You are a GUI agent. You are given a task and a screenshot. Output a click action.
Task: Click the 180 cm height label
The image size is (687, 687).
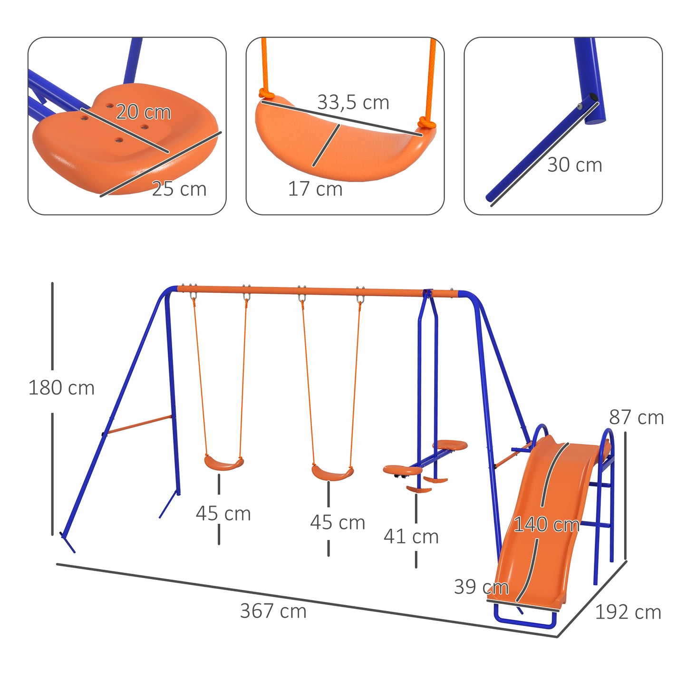(x=61, y=388)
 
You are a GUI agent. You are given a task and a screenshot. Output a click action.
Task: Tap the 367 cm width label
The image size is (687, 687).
(x=273, y=611)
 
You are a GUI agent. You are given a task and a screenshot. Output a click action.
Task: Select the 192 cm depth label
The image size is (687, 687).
(x=628, y=612)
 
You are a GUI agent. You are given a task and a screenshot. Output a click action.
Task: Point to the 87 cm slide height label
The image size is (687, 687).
(x=636, y=417)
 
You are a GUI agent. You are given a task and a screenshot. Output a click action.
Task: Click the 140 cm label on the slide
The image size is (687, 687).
(x=546, y=525)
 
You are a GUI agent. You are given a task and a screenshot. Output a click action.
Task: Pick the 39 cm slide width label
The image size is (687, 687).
(x=481, y=587)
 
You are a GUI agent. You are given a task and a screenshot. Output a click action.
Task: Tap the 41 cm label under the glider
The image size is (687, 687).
(x=411, y=537)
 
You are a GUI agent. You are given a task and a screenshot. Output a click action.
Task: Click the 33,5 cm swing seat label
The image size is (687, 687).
(x=353, y=102)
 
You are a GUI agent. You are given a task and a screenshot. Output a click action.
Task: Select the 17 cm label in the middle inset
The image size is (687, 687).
(x=315, y=189)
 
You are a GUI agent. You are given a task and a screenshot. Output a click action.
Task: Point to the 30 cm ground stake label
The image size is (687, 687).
(x=574, y=165)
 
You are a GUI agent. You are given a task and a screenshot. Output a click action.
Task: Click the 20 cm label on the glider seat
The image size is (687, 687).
(x=143, y=112)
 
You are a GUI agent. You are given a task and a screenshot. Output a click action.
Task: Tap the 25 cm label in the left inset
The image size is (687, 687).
(x=179, y=189)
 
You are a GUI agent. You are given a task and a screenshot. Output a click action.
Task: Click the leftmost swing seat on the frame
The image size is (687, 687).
(x=224, y=463)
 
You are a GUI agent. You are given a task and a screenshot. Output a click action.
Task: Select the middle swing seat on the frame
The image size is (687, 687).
(x=332, y=473)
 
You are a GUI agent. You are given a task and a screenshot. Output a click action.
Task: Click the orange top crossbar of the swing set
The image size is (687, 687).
(x=314, y=290)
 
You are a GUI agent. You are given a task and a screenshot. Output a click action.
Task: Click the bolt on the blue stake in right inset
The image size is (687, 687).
(x=580, y=106)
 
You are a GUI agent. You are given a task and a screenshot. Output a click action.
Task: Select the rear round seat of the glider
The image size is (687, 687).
(x=450, y=445)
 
